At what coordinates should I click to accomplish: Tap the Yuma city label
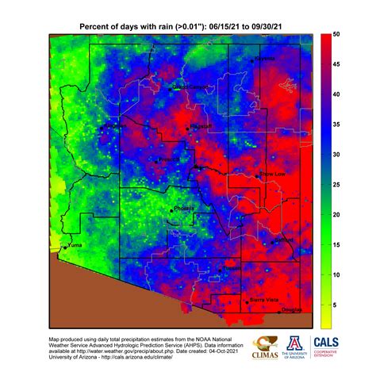pos(76,247)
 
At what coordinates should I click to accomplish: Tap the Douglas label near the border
pos(290,309)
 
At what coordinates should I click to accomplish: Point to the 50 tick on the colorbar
pos(336,36)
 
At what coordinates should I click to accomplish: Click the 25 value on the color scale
pos(336,184)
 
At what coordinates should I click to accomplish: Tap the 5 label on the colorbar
pos(336,305)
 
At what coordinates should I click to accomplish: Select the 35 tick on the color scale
pos(336,125)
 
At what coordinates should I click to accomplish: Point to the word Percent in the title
pos(98,26)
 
